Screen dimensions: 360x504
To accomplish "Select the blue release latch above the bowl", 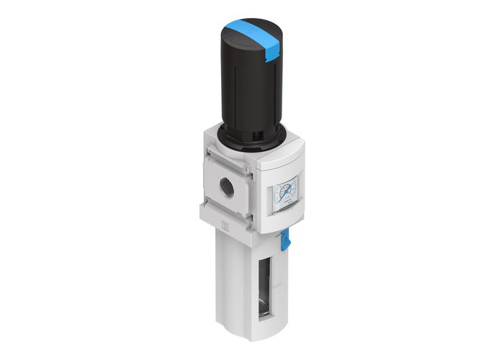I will (284, 238).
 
